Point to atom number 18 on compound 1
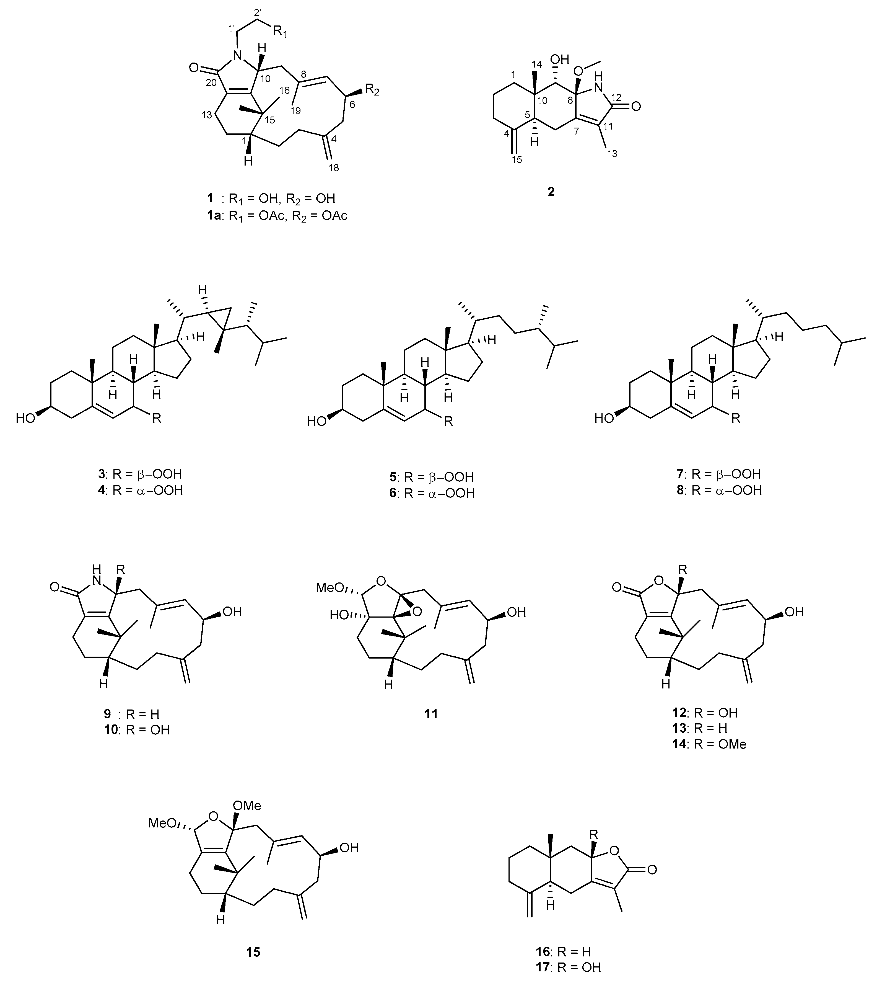point(333,168)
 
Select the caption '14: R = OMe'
point(709,744)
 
